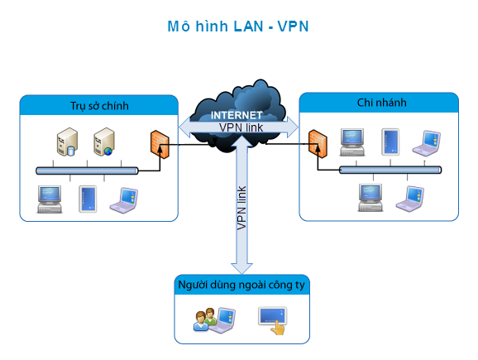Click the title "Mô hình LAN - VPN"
(x=238, y=26)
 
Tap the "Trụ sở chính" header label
(x=99, y=106)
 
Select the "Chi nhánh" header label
(x=382, y=103)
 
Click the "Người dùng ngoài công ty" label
(x=241, y=285)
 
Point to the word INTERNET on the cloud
(x=237, y=115)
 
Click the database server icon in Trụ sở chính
(x=67, y=142)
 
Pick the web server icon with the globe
(x=104, y=142)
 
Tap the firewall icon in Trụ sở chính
(x=160, y=144)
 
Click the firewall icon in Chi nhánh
(x=318, y=144)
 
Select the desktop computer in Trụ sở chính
(x=50, y=199)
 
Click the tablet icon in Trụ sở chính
(x=88, y=199)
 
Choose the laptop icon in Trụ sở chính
(x=124, y=200)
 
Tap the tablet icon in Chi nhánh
(x=390, y=142)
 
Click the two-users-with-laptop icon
(x=215, y=320)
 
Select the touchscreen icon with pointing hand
(x=273, y=320)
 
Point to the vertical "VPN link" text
(x=241, y=208)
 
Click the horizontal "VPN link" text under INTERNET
(x=241, y=127)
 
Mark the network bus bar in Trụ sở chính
(x=87, y=170)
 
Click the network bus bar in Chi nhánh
(x=390, y=170)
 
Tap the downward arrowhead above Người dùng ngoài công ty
(x=241, y=268)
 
